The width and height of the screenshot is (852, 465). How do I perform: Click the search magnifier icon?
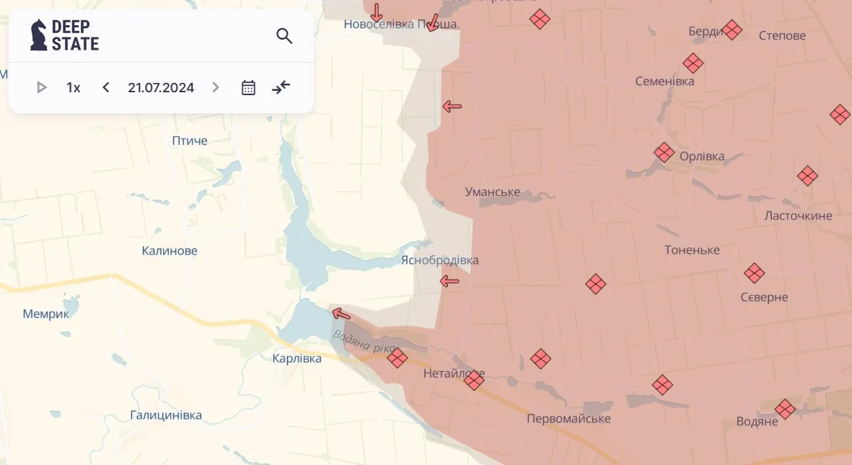(284, 36)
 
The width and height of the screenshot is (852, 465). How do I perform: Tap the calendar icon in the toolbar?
(248, 88)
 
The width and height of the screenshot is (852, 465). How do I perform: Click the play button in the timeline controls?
(42, 88)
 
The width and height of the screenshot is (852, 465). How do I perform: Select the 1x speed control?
(74, 88)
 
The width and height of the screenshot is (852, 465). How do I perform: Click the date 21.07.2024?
(161, 88)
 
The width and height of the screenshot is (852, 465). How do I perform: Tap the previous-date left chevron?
(106, 88)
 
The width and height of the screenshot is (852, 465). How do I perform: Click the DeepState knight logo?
(39, 35)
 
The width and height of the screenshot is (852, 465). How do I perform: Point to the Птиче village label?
(190, 141)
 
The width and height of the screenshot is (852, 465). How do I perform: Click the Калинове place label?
(170, 251)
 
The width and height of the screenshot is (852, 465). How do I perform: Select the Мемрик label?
(46, 314)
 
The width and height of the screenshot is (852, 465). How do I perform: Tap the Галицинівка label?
(166, 415)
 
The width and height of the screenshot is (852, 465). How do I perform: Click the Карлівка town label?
(297, 358)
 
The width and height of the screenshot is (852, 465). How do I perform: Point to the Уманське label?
(493, 192)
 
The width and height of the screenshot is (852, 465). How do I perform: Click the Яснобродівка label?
(439, 260)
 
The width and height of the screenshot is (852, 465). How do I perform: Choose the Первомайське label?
(568, 419)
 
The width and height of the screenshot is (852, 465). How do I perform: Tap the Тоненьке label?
(692, 250)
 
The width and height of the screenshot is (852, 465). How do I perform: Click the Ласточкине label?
(798, 216)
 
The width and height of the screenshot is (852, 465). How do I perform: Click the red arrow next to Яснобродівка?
(449, 281)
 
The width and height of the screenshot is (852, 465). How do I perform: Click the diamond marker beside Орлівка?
(664, 152)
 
